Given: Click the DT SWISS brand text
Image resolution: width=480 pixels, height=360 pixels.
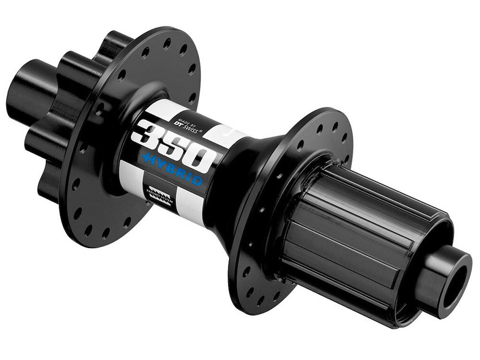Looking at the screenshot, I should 185,127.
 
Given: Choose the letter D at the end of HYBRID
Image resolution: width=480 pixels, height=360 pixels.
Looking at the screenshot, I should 199,181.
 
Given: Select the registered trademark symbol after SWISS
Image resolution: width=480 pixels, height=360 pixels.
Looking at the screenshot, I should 202,132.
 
